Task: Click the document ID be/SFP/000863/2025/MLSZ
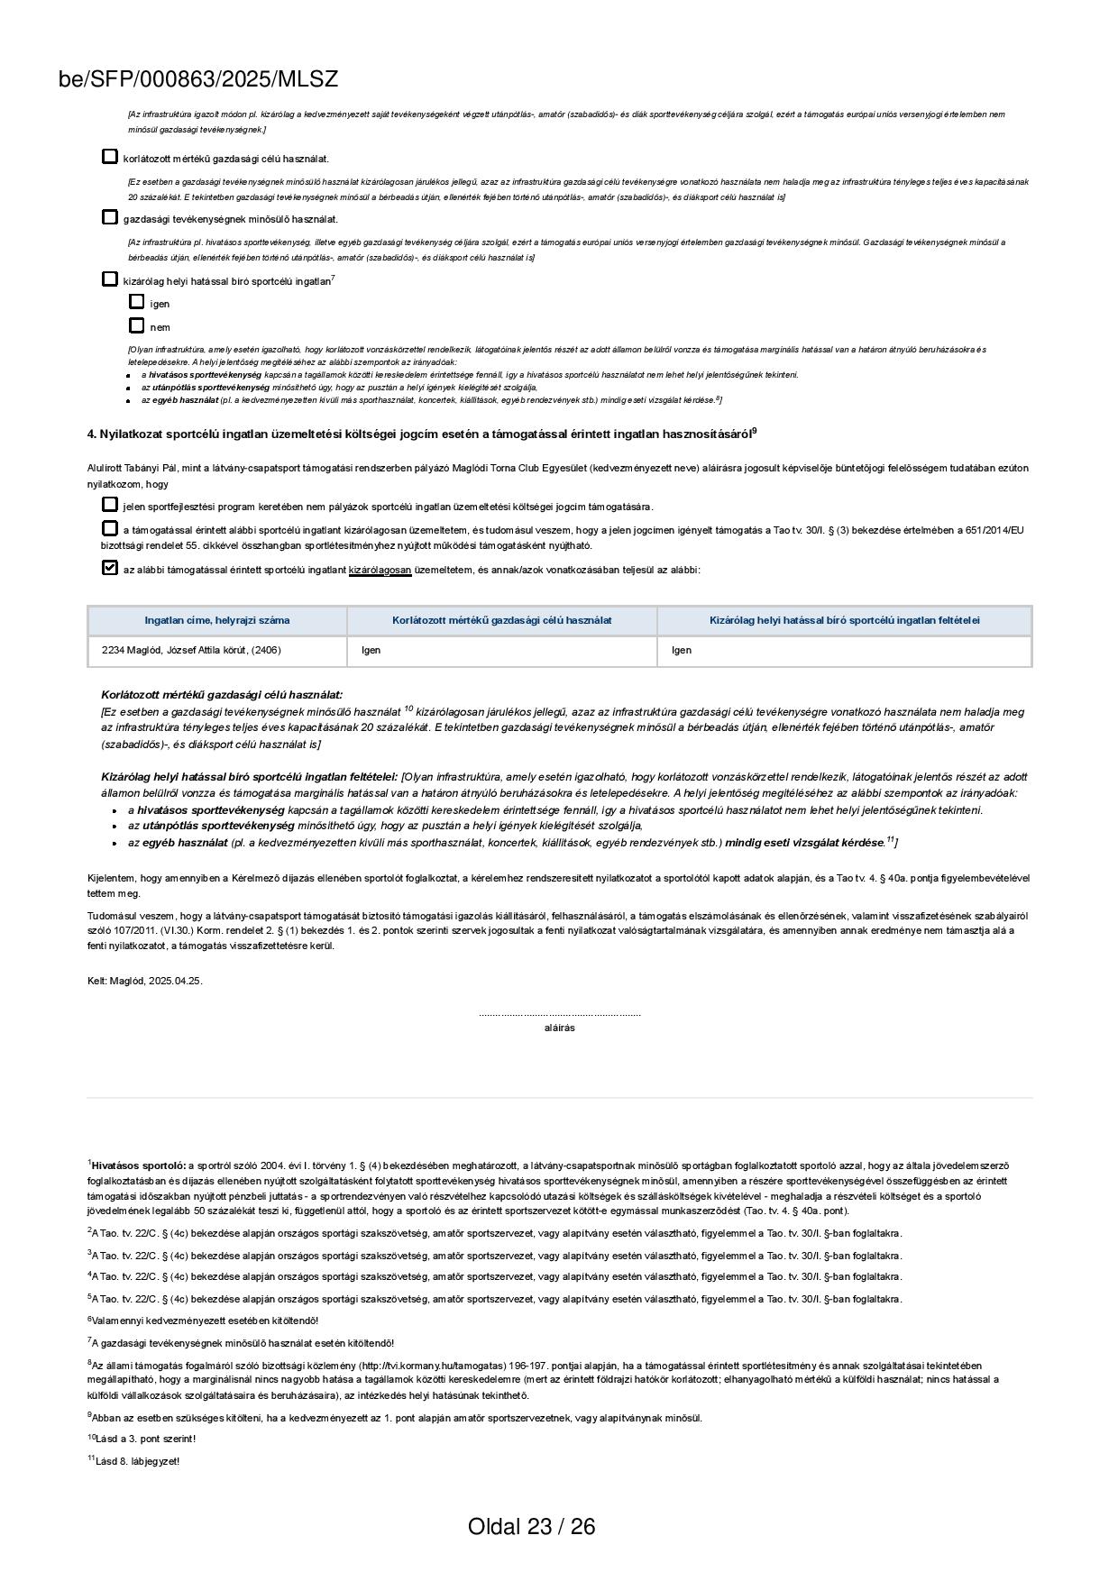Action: pos(197,79)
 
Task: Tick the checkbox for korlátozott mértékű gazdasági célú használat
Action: pos(110,157)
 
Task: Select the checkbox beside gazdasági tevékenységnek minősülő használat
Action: pos(110,217)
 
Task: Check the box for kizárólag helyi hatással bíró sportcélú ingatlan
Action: pos(110,279)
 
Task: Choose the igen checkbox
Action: pos(136,302)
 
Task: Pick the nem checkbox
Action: pos(136,325)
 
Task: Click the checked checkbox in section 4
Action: pos(110,568)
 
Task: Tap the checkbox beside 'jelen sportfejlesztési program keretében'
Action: pos(110,505)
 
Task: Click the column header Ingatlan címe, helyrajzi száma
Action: pos(217,620)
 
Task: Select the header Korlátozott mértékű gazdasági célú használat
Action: pos(501,620)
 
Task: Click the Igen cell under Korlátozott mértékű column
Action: pos(371,650)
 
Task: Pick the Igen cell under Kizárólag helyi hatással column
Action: pos(682,650)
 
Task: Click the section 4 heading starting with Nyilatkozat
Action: pos(421,434)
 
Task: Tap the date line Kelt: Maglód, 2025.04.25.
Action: pos(145,981)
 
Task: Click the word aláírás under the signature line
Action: pos(559,1028)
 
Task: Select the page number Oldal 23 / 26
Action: pos(531,1526)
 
